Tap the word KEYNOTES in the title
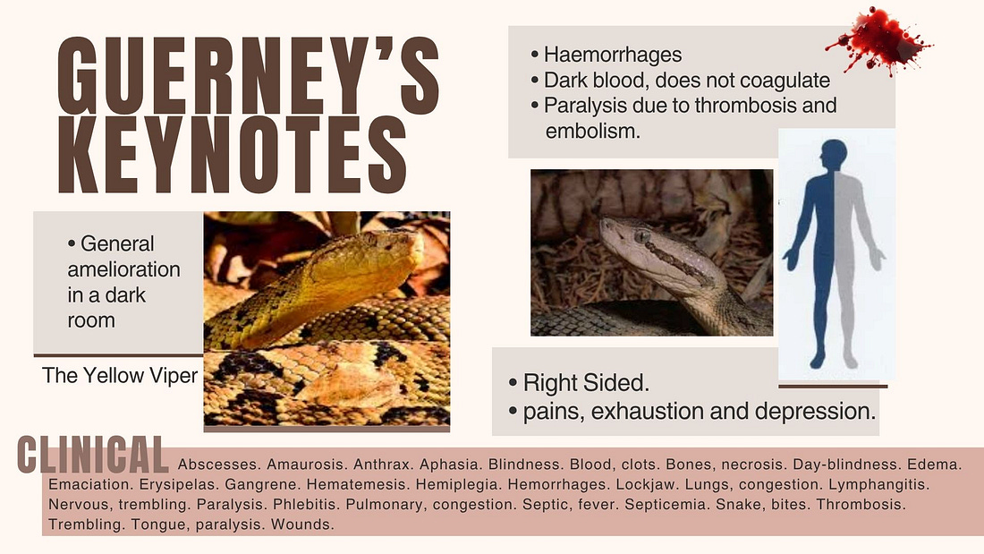233,155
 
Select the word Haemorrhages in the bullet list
613,55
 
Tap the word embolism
592,132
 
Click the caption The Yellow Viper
120,376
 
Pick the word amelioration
123,269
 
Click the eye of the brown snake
641,236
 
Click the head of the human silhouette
834,153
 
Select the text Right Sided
586,382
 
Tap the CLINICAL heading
93,454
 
